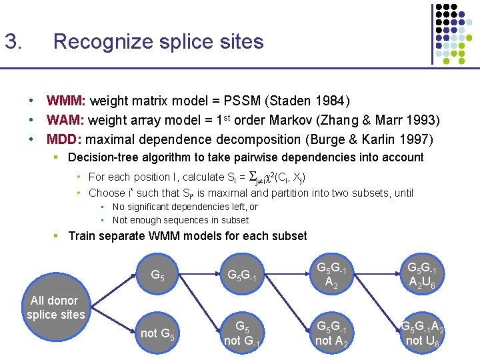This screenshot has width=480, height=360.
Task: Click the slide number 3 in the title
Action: [13, 42]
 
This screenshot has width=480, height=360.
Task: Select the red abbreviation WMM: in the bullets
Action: [66, 101]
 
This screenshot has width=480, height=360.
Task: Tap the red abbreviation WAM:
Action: [65, 121]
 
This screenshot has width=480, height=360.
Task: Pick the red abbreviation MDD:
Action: [65, 140]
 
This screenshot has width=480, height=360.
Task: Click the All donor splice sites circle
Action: [55, 307]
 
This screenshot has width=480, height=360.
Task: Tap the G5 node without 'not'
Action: [158, 275]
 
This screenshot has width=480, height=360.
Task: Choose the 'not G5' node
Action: [158, 333]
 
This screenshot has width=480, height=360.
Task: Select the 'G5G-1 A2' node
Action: [332, 275]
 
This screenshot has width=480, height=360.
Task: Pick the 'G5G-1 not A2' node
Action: [332, 333]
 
